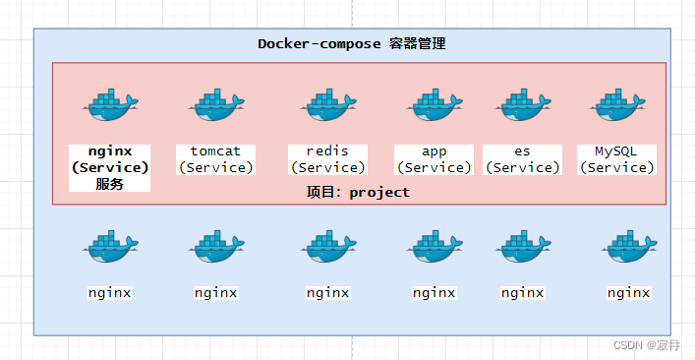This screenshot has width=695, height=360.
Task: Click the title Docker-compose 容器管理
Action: click(x=352, y=44)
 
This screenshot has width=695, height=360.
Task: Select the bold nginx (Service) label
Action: click(x=109, y=159)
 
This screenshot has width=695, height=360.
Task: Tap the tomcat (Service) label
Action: click(x=215, y=159)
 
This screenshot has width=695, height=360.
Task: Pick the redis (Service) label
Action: click(x=327, y=159)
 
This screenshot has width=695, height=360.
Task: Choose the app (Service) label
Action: click(x=434, y=159)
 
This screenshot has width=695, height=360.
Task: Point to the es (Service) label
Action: click(x=522, y=159)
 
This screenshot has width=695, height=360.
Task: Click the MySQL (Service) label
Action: click(x=617, y=159)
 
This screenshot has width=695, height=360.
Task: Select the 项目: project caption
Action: click(x=358, y=192)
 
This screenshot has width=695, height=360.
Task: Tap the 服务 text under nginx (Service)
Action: click(x=109, y=184)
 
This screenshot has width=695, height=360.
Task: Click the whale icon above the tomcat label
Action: click(x=215, y=105)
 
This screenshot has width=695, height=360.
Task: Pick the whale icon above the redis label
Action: click(x=327, y=105)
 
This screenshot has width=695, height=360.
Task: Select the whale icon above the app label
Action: click(x=434, y=105)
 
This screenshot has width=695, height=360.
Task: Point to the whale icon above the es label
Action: click(x=522, y=105)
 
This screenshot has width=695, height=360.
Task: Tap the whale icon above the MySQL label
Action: click(x=617, y=105)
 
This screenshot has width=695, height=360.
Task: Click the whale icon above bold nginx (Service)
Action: click(x=109, y=105)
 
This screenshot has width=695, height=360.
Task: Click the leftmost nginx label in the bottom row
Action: click(x=109, y=292)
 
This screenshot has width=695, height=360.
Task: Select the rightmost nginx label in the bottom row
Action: click(x=628, y=292)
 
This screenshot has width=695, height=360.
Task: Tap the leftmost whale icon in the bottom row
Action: click(x=109, y=247)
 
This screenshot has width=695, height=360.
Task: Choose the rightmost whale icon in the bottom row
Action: click(x=628, y=247)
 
